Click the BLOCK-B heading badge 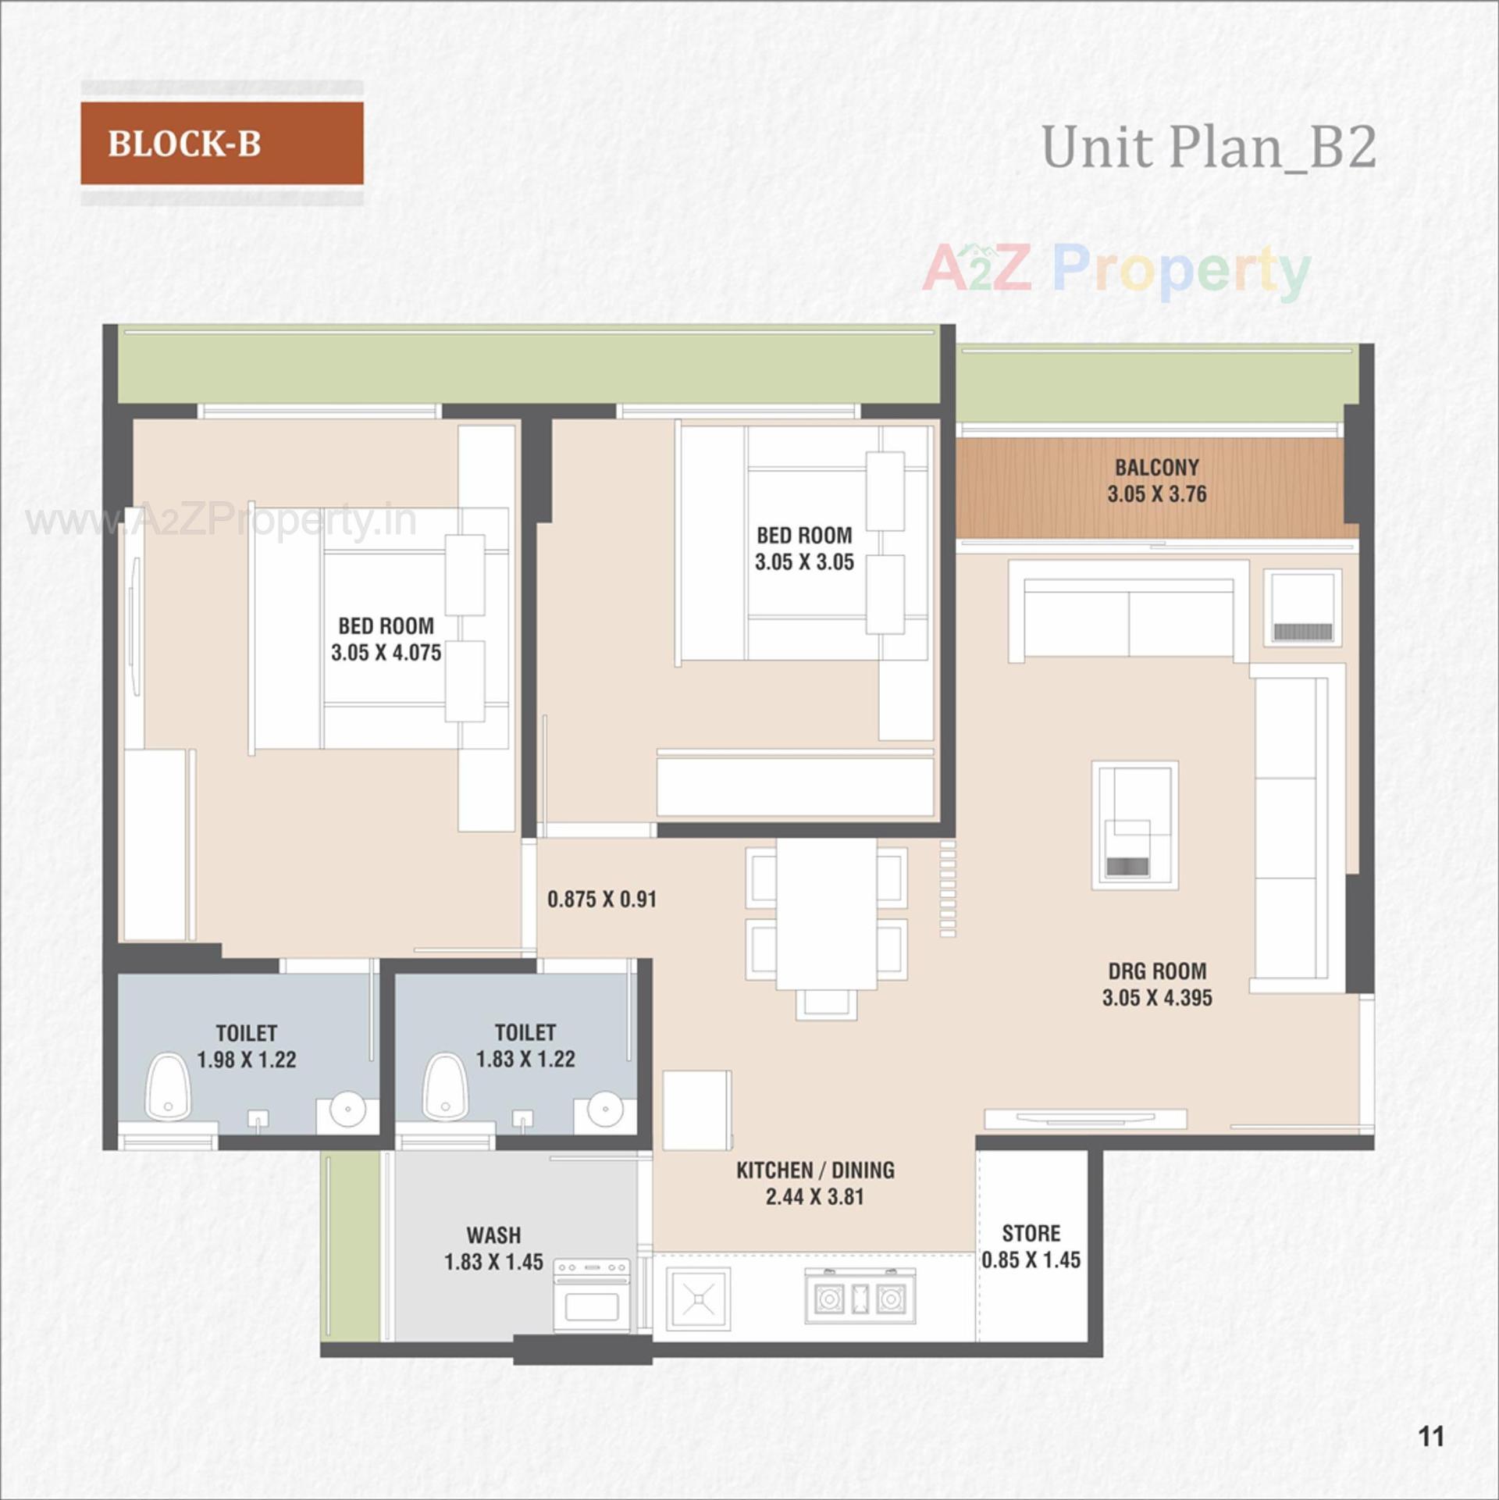[222, 143]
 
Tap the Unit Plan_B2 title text [1208, 147]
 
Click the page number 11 [1431, 1436]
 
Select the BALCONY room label [1156, 468]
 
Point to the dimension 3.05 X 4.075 [386, 653]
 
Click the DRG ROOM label [1157, 971]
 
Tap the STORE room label [1031, 1234]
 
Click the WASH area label [493, 1235]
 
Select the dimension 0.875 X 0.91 [601, 900]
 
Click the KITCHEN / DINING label [815, 1170]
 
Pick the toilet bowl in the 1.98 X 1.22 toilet [168, 1087]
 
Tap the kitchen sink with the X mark [698, 1299]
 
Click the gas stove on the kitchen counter [860, 1297]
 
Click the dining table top [826, 912]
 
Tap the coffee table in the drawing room [1134, 825]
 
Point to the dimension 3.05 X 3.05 [804, 562]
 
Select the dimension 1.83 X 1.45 [493, 1262]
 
